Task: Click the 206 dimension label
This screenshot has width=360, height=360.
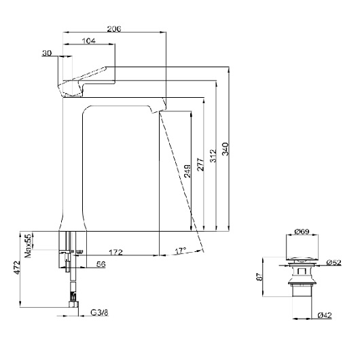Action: click(114, 29)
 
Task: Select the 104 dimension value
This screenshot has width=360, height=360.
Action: click(88, 41)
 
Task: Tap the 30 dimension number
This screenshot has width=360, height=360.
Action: click(47, 53)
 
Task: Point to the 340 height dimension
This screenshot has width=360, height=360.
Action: click(226, 149)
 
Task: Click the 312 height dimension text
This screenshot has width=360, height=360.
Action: click(213, 156)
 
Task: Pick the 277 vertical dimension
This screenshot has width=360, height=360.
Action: click(200, 164)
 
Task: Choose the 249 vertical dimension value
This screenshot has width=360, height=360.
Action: click(187, 171)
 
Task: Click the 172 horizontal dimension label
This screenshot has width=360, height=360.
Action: click(115, 252)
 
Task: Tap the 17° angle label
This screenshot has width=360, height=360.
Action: click(181, 251)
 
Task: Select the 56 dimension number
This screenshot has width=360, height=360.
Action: click(101, 264)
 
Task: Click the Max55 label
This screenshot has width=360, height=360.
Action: click(28, 246)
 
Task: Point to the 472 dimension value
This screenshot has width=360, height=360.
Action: click(17, 268)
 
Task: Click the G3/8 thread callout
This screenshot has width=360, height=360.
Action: click(99, 312)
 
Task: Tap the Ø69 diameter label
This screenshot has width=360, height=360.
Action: click(302, 232)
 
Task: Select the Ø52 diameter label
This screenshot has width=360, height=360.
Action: click(334, 262)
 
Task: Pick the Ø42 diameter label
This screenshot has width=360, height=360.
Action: click(325, 315)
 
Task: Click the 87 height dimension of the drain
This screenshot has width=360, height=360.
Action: click(259, 277)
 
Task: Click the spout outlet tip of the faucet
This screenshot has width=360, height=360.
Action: click(158, 111)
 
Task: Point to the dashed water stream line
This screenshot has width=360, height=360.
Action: click(181, 181)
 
